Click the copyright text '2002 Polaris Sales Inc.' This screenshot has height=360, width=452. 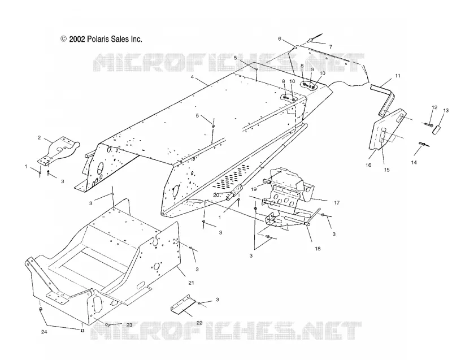(106, 39)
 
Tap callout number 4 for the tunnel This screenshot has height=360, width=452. (192, 77)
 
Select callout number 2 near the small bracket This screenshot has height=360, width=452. (39, 138)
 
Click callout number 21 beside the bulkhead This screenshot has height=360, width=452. (191, 283)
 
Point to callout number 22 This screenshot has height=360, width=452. (199, 323)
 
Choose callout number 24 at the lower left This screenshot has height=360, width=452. (44, 332)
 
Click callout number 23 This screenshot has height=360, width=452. (129, 325)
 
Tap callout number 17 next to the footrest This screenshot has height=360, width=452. (336, 203)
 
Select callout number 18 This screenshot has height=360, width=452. (318, 249)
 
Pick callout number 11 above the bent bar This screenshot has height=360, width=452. (398, 76)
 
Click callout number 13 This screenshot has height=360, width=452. (446, 110)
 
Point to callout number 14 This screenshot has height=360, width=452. (414, 163)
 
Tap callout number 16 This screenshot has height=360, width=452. (368, 165)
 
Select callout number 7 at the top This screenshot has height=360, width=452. (331, 47)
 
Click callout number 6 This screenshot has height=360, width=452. (279, 39)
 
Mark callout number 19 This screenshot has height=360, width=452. (254, 189)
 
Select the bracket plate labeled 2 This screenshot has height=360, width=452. (58, 150)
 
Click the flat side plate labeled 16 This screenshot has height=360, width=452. (387, 130)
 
